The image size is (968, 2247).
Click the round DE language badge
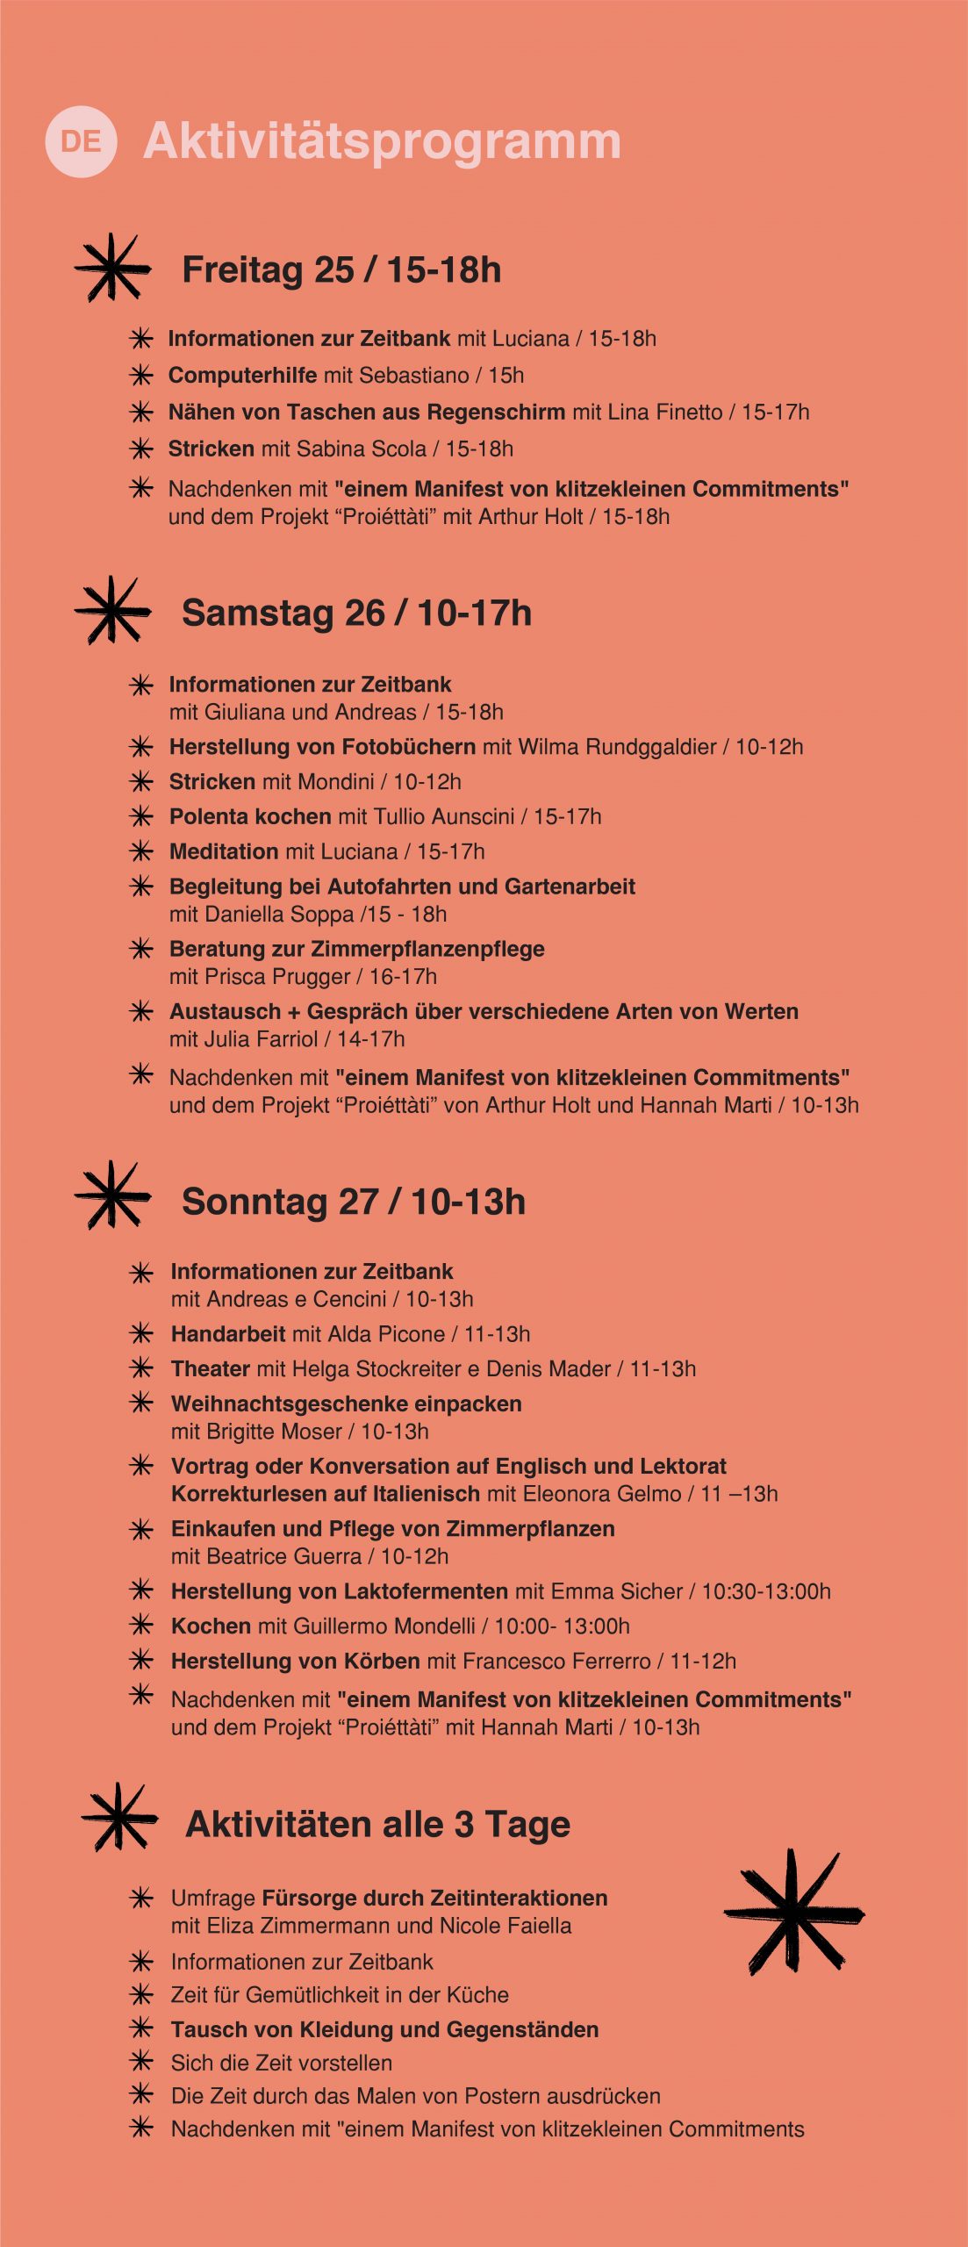81,141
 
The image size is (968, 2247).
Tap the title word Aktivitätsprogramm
382,141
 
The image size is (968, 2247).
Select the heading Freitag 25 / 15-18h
341,270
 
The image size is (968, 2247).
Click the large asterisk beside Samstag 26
111,610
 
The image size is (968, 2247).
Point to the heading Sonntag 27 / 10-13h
353,1202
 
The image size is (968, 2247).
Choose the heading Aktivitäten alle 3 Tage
377,1824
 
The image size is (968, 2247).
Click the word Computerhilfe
242,375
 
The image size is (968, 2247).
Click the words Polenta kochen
250,816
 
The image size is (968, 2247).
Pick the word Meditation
224,851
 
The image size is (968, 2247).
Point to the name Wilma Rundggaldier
617,747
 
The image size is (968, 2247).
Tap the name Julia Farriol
261,1038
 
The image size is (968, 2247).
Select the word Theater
211,1368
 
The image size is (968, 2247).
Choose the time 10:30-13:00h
765,1591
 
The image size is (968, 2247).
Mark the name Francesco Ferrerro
556,1661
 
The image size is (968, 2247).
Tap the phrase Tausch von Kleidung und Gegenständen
384,2029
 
